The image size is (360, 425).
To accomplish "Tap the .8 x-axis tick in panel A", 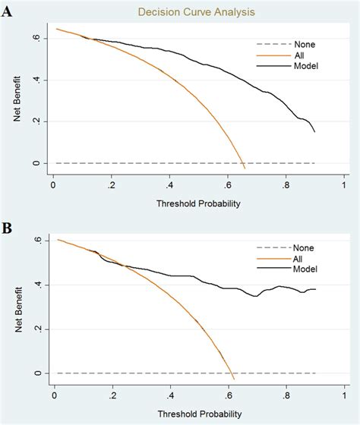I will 286,184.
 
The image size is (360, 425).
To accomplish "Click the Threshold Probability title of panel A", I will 197,203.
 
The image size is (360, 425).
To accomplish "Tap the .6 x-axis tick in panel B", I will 227,394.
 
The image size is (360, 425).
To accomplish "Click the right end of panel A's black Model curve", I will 314,132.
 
